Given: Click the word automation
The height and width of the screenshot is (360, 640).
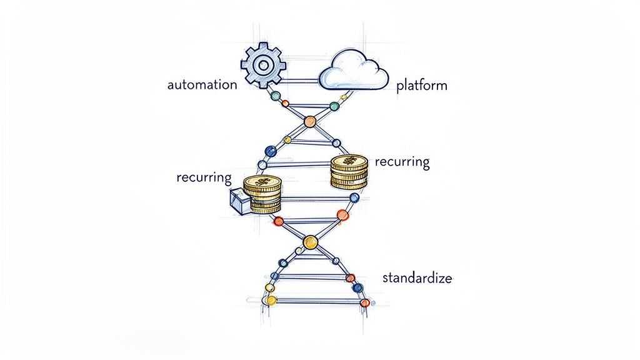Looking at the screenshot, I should click(x=202, y=84).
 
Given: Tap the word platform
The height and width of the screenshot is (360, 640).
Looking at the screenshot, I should click(x=422, y=86).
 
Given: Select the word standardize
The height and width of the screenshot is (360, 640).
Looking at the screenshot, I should click(x=416, y=277).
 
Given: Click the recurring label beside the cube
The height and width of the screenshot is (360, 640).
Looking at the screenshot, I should click(x=204, y=177).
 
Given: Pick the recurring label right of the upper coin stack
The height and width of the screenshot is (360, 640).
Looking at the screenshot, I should click(x=402, y=162).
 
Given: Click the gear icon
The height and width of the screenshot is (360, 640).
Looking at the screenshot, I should click(x=263, y=64).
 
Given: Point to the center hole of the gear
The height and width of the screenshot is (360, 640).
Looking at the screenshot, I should click(x=263, y=64).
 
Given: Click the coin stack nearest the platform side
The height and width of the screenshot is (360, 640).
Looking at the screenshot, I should click(x=349, y=171).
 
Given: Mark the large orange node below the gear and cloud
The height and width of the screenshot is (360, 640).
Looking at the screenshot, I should click(x=310, y=121).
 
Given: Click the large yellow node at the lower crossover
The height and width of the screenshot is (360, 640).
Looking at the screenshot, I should click(x=310, y=241).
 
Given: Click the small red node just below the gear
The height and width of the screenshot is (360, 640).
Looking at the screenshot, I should click(x=286, y=103).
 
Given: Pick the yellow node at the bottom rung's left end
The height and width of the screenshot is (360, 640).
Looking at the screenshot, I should click(x=271, y=301).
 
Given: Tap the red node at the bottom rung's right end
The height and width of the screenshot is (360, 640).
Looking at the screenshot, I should click(x=363, y=302).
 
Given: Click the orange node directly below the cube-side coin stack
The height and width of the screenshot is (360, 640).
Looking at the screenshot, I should click(x=279, y=220).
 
